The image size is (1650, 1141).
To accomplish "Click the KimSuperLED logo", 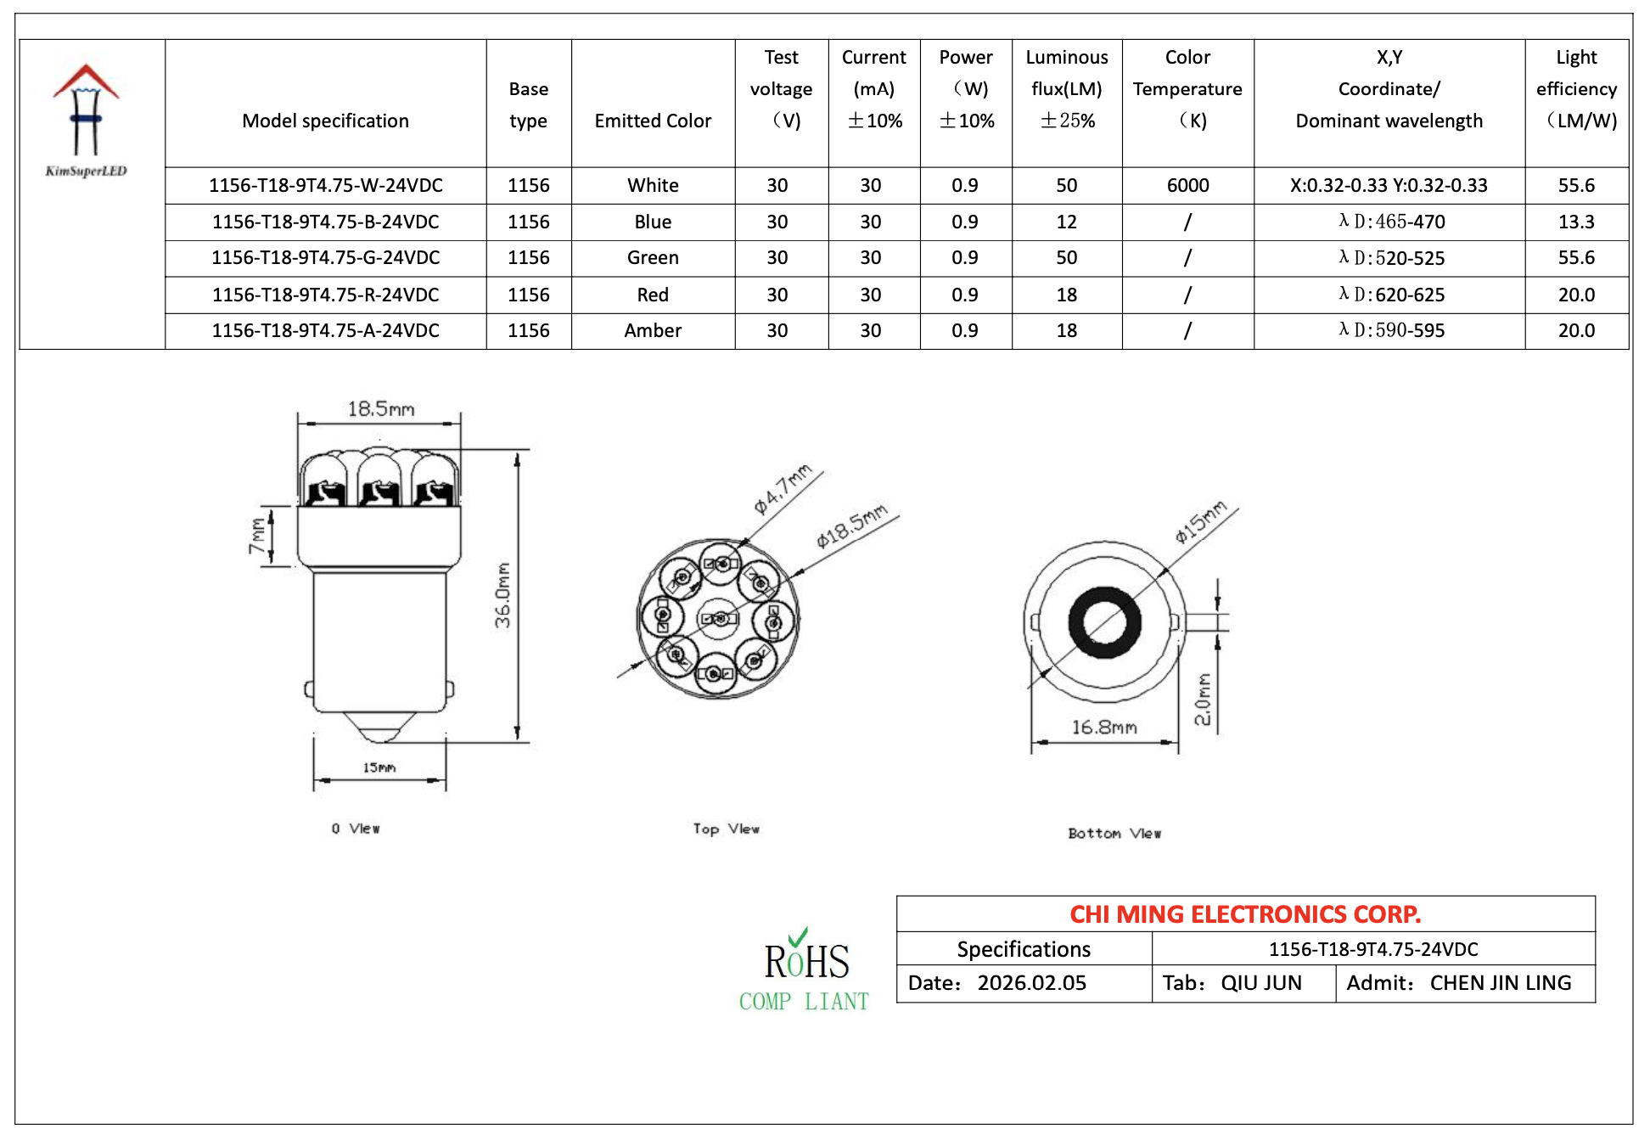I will [x=86, y=119].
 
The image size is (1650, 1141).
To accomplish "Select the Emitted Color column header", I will [x=653, y=121].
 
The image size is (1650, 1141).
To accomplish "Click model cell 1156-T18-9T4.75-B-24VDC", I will [x=325, y=222].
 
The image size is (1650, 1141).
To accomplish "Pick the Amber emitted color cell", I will [x=653, y=330].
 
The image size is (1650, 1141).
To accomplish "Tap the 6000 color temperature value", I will [x=1187, y=185].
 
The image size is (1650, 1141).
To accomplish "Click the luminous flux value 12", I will [x=1066, y=222].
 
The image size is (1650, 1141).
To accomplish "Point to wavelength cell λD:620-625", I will [x=1391, y=295].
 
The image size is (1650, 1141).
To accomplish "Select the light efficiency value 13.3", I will [x=1576, y=222].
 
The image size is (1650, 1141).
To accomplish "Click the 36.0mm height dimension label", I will [x=503, y=595].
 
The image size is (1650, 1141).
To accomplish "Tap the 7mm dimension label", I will [x=257, y=536].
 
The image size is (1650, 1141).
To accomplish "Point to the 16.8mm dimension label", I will [x=1103, y=727].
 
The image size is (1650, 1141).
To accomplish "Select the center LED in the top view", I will [x=720, y=619].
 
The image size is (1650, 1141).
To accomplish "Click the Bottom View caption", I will [x=1114, y=833].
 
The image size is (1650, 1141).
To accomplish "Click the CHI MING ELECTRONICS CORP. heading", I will [x=1244, y=914].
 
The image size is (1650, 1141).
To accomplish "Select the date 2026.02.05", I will [x=1031, y=983].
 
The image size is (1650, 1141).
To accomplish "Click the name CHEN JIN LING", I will [x=1500, y=983].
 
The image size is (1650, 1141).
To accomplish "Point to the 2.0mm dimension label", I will [x=1203, y=700].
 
